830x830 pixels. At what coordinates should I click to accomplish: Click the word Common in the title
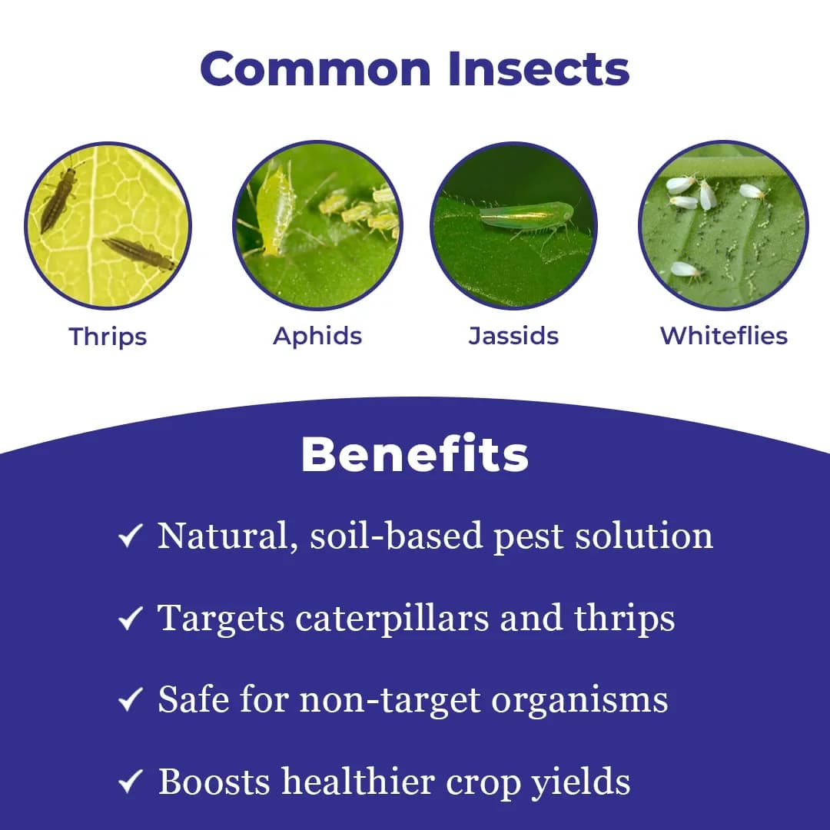315,68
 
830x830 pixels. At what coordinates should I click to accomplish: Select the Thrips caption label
108,336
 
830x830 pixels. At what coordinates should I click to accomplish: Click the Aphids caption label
317,336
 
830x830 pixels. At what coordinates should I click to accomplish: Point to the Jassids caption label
513,336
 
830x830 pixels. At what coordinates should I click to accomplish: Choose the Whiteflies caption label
724,336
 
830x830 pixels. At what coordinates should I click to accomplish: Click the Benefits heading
415,455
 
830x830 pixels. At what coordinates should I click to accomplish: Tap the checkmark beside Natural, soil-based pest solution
130,537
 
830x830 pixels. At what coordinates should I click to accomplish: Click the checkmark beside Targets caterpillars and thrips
130,619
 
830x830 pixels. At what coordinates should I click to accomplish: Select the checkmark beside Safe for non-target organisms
130,700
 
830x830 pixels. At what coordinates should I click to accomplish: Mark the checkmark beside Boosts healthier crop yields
130,782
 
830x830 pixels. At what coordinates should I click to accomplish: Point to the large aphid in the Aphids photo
276,211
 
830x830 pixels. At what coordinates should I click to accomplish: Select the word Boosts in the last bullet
214,782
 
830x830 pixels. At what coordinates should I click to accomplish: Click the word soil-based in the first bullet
396,536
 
